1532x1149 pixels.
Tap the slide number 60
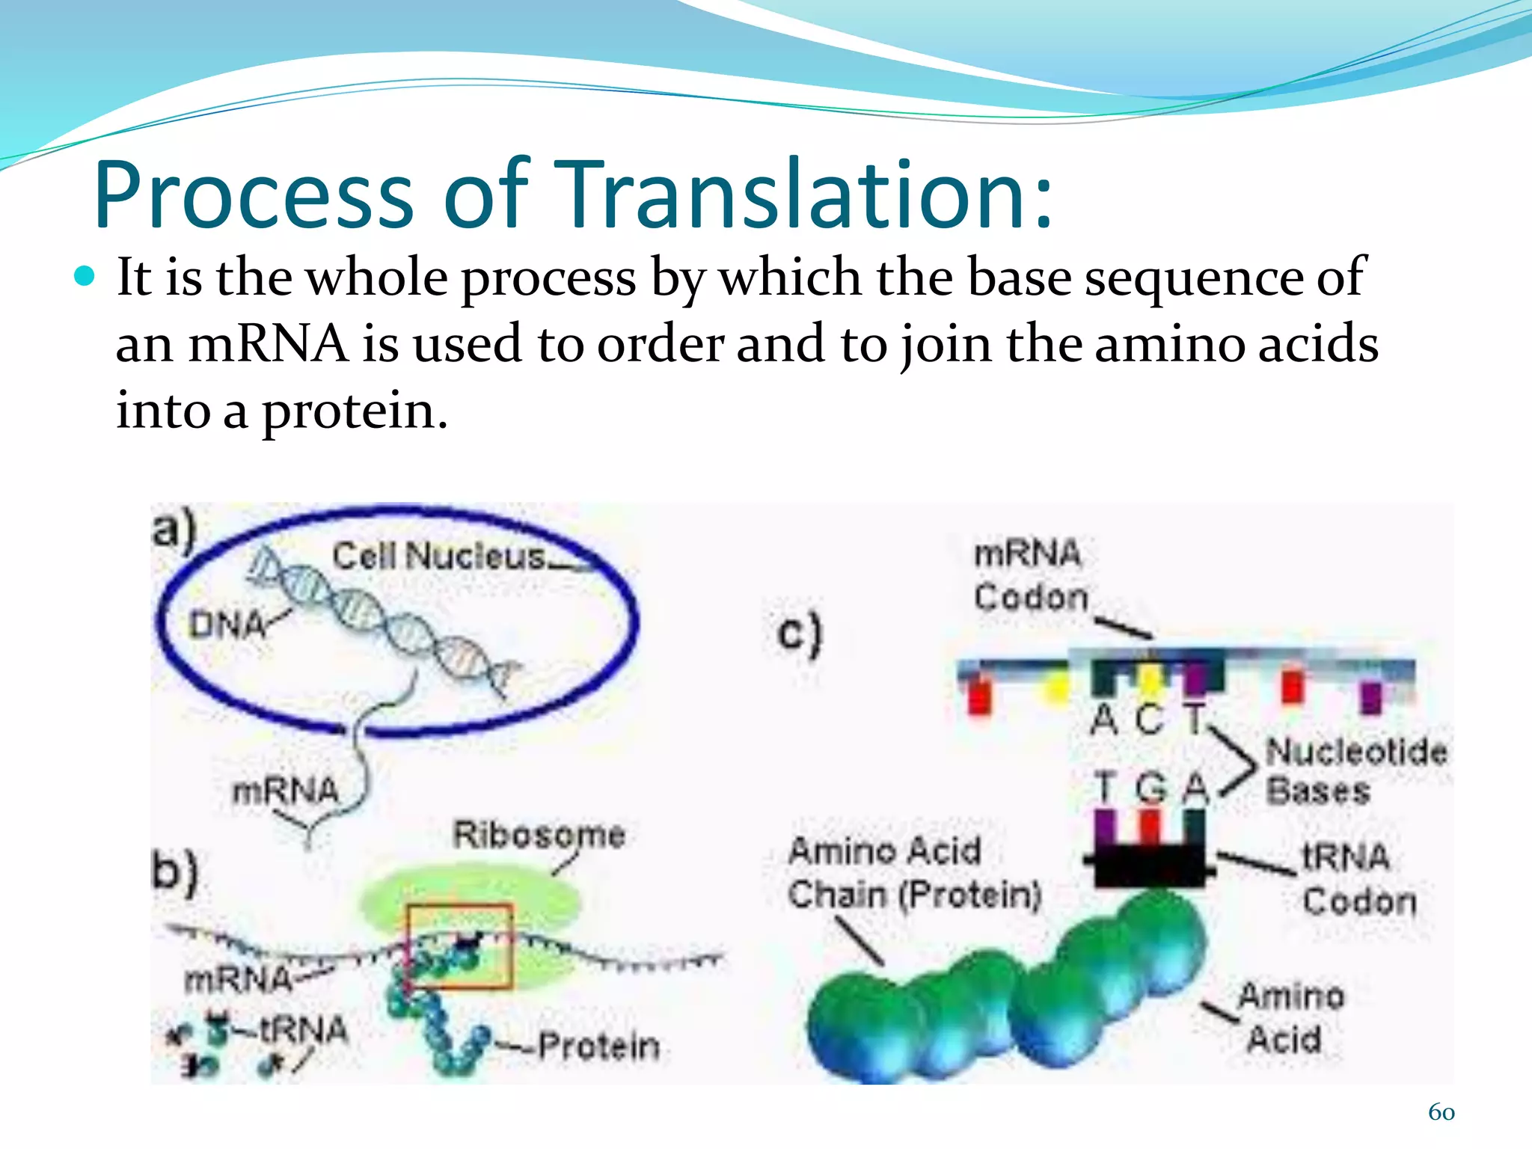click(1441, 1112)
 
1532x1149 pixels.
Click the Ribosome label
click(539, 834)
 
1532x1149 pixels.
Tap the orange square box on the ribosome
click(460, 946)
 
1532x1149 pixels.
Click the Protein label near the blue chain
click(599, 1046)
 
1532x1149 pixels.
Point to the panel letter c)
click(799, 634)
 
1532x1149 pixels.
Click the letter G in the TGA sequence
click(1150, 788)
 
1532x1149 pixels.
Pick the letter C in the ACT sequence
click(1149, 720)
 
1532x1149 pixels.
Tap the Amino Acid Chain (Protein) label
click(913, 873)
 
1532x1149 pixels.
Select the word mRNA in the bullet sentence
click(268, 344)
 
